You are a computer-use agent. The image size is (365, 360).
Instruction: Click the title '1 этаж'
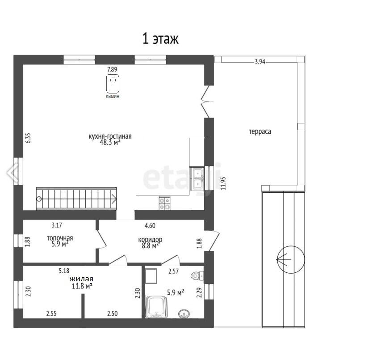click(160, 38)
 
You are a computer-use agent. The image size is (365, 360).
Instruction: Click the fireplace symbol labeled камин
click(113, 84)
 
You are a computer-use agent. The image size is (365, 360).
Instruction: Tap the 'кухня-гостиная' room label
click(110, 136)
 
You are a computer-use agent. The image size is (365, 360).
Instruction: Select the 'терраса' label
click(260, 131)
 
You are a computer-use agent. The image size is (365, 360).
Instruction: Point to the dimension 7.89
click(112, 69)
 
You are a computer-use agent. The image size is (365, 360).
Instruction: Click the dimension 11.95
click(223, 183)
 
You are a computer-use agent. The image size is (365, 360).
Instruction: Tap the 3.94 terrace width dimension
click(260, 62)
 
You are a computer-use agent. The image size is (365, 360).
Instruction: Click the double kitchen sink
click(197, 179)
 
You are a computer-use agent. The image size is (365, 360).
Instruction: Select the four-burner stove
click(164, 203)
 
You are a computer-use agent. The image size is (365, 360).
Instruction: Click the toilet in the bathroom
click(197, 275)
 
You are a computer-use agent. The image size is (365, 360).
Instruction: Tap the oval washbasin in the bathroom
click(184, 313)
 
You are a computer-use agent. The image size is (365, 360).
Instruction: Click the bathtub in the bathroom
click(156, 307)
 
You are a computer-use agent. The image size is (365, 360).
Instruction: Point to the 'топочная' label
click(60, 238)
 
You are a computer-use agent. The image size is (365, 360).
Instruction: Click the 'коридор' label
click(150, 240)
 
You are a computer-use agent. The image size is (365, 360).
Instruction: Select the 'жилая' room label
click(81, 279)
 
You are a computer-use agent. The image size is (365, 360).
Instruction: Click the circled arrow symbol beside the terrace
click(290, 259)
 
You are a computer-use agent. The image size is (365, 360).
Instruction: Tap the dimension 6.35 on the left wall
click(28, 138)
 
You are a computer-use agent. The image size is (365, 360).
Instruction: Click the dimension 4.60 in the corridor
click(150, 225)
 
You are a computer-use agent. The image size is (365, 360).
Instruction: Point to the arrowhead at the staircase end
click(114, 199)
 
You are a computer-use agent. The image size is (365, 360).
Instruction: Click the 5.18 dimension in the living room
click(64, 271)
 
